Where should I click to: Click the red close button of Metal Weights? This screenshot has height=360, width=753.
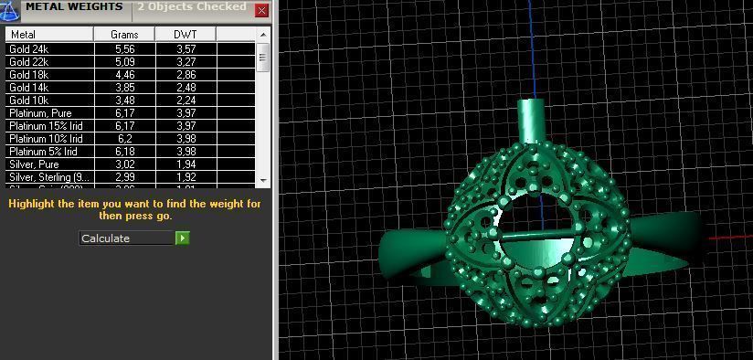pos(261,11)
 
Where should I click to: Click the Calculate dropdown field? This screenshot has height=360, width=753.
pos(126,238)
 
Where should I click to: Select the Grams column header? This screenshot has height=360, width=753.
pos(124,35)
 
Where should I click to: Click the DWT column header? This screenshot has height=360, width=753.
pos(186,35)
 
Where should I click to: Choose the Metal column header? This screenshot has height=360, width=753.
pos(48,35)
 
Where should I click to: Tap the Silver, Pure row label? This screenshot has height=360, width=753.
pos(34,164)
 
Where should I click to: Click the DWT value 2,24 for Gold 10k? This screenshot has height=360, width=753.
pos(186,100)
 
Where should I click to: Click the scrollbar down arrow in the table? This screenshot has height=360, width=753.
pos(264,181)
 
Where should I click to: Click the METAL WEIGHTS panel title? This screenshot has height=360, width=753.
pos(74,7)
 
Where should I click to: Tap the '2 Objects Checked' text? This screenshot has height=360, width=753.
pos(191,7)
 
